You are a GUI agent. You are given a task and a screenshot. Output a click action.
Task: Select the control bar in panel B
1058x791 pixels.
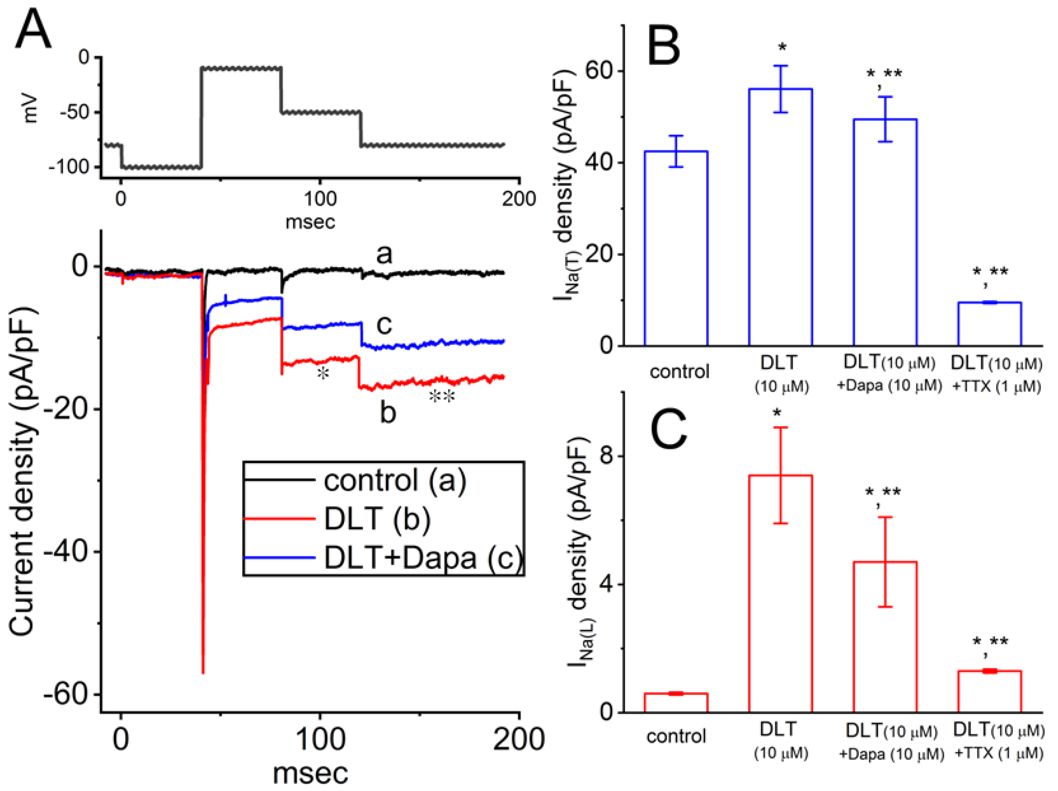click(x=676, y=248)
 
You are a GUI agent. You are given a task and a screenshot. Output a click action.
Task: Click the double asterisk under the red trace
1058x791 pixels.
click(x=442, y=396)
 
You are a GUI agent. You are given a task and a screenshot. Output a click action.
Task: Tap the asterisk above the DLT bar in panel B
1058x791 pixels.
click(x=782, y=47)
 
